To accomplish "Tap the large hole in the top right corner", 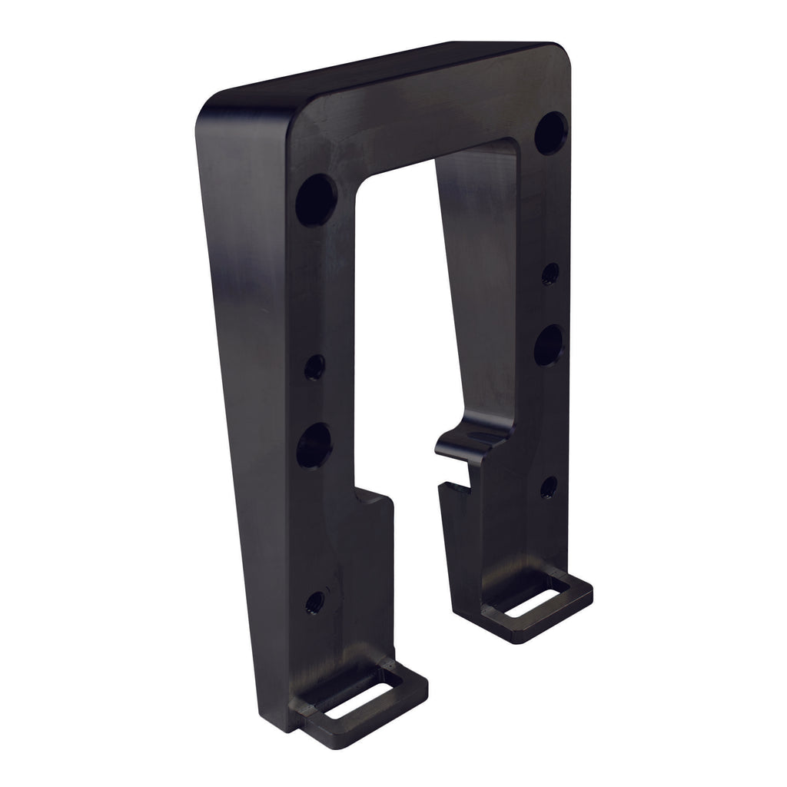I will pos(551,131).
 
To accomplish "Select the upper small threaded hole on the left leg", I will pos(314,368).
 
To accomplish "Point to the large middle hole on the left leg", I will pos(314,445).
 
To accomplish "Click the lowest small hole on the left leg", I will pos(314,602).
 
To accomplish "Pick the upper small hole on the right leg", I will pos(550,273).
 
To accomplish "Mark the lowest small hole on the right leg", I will pos(548,486).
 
